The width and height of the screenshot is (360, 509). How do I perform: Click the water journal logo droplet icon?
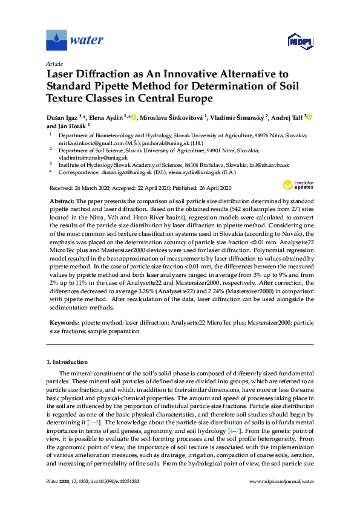click(x=56, y=41)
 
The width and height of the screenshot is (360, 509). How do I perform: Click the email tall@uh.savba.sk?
click(x=272, y=164)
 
